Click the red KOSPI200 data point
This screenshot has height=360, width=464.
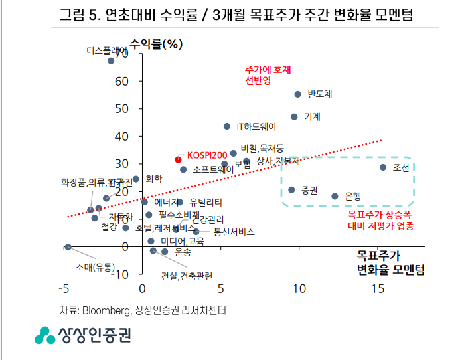pos(178,159)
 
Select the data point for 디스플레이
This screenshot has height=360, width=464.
pos(111,61)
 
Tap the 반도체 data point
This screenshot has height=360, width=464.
pos(297,94)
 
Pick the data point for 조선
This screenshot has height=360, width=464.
pos(383,167)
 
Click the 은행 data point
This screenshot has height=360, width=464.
pos(335,196)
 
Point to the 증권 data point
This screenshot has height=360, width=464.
pos(291,190)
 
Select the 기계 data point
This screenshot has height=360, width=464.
pos(294,117)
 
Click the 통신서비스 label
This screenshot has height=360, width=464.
pos(234,232)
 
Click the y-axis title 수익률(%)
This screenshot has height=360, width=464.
pos(156,45)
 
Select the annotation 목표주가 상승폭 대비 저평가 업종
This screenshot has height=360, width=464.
pos(380,221)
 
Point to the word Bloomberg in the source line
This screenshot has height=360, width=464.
pos(105,310)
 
